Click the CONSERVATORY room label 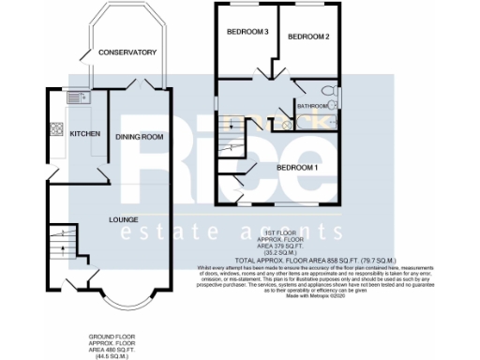[127, 52]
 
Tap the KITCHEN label [85, 134]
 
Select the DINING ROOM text [139, 137]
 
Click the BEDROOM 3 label [248, 33]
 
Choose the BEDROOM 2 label [308, 37]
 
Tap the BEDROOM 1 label [298, 167]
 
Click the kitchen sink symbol [76, 97]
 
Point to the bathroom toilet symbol [325, 91]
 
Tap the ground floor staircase [59, 240]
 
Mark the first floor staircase [230, 137]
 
